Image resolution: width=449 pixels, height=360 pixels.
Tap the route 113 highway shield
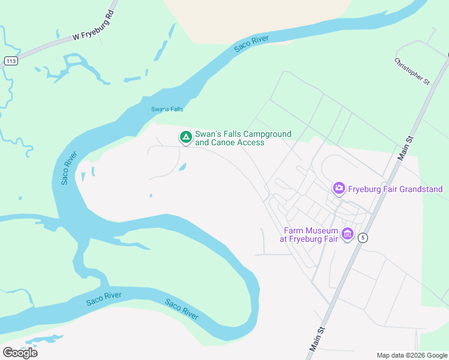[x=10, y=61]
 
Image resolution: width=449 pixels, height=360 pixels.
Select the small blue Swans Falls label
[x=167, y=109]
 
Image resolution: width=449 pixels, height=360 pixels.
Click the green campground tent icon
[x=186, y=138]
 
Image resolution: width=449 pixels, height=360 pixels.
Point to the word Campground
[x=267, y=134]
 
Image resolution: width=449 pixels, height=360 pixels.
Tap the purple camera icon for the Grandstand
[x=339, y=189]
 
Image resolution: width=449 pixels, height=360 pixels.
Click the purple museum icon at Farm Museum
[x=347, y=234]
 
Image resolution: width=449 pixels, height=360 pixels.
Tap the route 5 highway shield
[x=363, y=238]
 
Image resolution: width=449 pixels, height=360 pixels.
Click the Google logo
[x=20, y=353]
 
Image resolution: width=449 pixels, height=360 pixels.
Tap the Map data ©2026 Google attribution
[x=412, y=355]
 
